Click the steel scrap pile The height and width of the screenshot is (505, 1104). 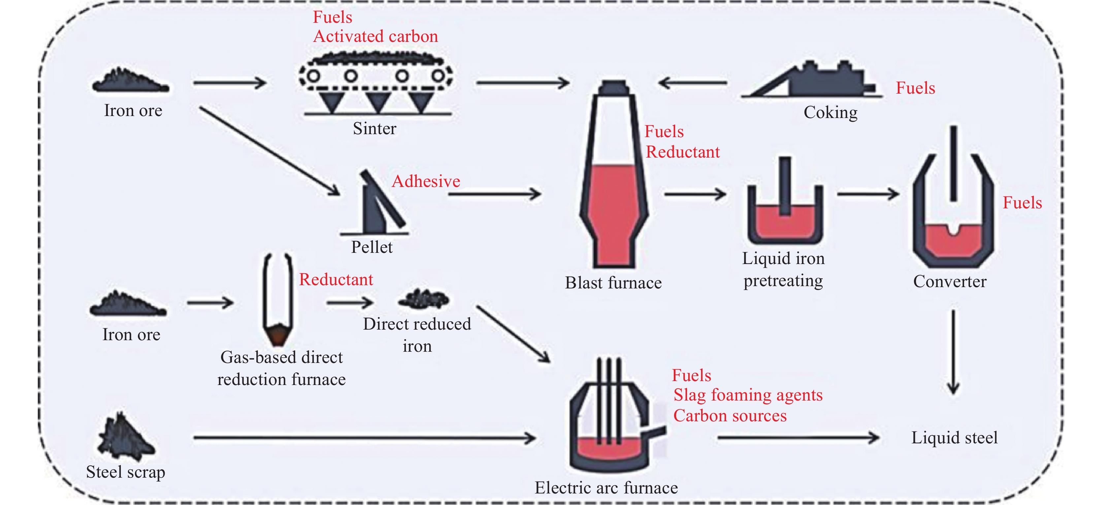[x=125, y=437]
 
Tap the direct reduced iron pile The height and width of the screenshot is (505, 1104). [x=423, y=299]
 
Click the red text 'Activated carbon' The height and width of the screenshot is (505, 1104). [x=376, y=36]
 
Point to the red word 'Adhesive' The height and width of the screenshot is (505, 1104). [x=426, y=181]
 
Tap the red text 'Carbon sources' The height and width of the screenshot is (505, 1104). [x=730, y=415]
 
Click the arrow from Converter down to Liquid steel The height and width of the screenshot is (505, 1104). [x=953, y=351]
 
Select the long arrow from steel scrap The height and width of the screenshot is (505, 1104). [x=364, y=438]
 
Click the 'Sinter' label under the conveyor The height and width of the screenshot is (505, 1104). [x=374, y=129]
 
